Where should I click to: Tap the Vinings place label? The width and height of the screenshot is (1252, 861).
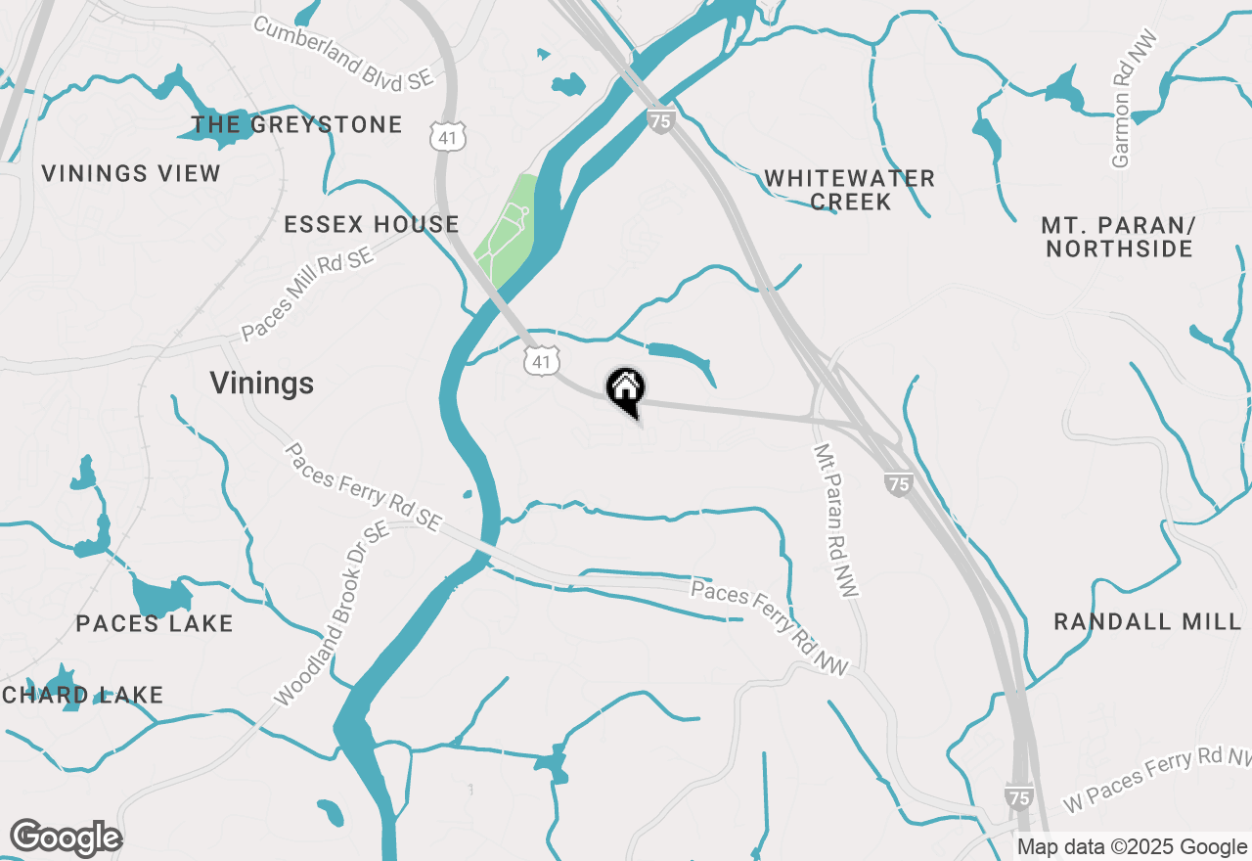[262, 384]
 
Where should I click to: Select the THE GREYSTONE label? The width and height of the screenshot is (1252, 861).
[297, 124]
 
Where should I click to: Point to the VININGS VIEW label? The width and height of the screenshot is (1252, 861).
[131, 174]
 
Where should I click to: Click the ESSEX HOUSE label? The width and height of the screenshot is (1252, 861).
[372, 224]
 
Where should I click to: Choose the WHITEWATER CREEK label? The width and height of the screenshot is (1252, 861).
[850, 190]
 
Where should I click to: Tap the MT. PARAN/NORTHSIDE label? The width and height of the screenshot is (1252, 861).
[1119, 237]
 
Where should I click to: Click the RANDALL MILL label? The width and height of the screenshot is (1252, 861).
[1147, 621]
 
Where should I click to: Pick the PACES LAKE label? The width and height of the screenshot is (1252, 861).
[155, 623]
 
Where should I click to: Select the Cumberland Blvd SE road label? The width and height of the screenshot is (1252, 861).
[342, 53]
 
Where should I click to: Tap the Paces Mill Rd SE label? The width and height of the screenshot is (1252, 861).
[308, 294]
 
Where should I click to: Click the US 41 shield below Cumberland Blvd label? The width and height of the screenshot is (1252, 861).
[448, 138]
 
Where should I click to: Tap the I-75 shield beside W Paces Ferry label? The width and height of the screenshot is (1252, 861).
[1018, 797]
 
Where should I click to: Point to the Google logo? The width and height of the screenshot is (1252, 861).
[66, 838]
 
